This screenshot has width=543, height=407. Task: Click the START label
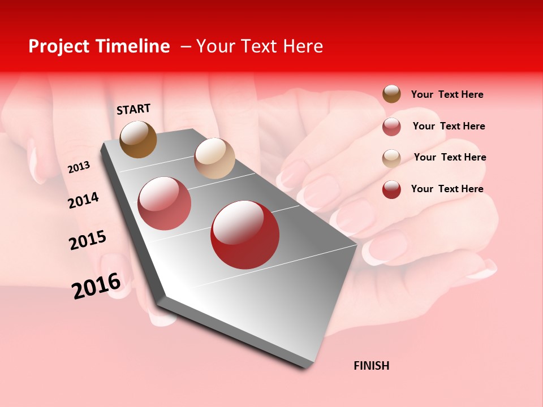tap(133, 109)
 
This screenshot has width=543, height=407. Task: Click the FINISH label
tap(371, 366)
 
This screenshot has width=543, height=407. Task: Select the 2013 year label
tap(79, 167)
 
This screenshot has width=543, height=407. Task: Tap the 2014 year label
tap(83, 200)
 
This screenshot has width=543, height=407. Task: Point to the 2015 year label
tap(87, 240)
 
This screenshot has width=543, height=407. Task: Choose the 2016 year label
tap(96, 285)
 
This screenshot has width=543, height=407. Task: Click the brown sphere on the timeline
tap(138, 139)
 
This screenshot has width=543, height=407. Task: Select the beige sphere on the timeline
tap(214, 158)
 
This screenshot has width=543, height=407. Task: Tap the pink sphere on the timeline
tap(165, 203)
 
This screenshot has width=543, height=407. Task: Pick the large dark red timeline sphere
tap(245, 235)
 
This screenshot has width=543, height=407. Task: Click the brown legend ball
tap(391, 94)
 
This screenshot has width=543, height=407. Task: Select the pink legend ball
tap(391, 127)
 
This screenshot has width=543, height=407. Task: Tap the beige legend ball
tap(391, 158)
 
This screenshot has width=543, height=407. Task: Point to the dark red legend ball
tap(391, 189)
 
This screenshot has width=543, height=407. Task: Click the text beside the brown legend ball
tap(447, 94)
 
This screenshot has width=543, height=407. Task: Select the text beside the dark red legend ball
tap(447, 189)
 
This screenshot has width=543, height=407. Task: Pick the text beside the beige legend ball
tap(450, 157)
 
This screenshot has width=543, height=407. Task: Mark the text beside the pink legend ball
tap(449, 126)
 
